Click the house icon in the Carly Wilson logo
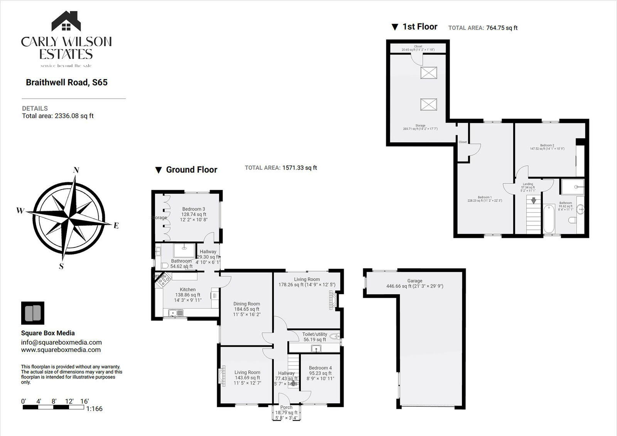[66, 22]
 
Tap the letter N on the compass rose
[76, 170]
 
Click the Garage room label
[415, 281]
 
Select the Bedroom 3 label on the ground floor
[194, 209]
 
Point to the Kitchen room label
[188, 290]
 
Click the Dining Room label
[247, 304]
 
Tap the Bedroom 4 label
[320, 368]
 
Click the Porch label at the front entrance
[286, 407]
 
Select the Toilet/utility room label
[315, 334]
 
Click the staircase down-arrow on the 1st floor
[534, 201]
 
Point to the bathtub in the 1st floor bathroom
[549, 219]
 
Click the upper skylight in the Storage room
[428, 73]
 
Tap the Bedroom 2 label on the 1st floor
[547, 145]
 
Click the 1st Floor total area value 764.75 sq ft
[501, 28]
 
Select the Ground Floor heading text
[191, 170]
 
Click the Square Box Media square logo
[32, 313]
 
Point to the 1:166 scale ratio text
[94, 409]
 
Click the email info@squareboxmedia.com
[61, 342]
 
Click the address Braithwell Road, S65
[66, 82]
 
